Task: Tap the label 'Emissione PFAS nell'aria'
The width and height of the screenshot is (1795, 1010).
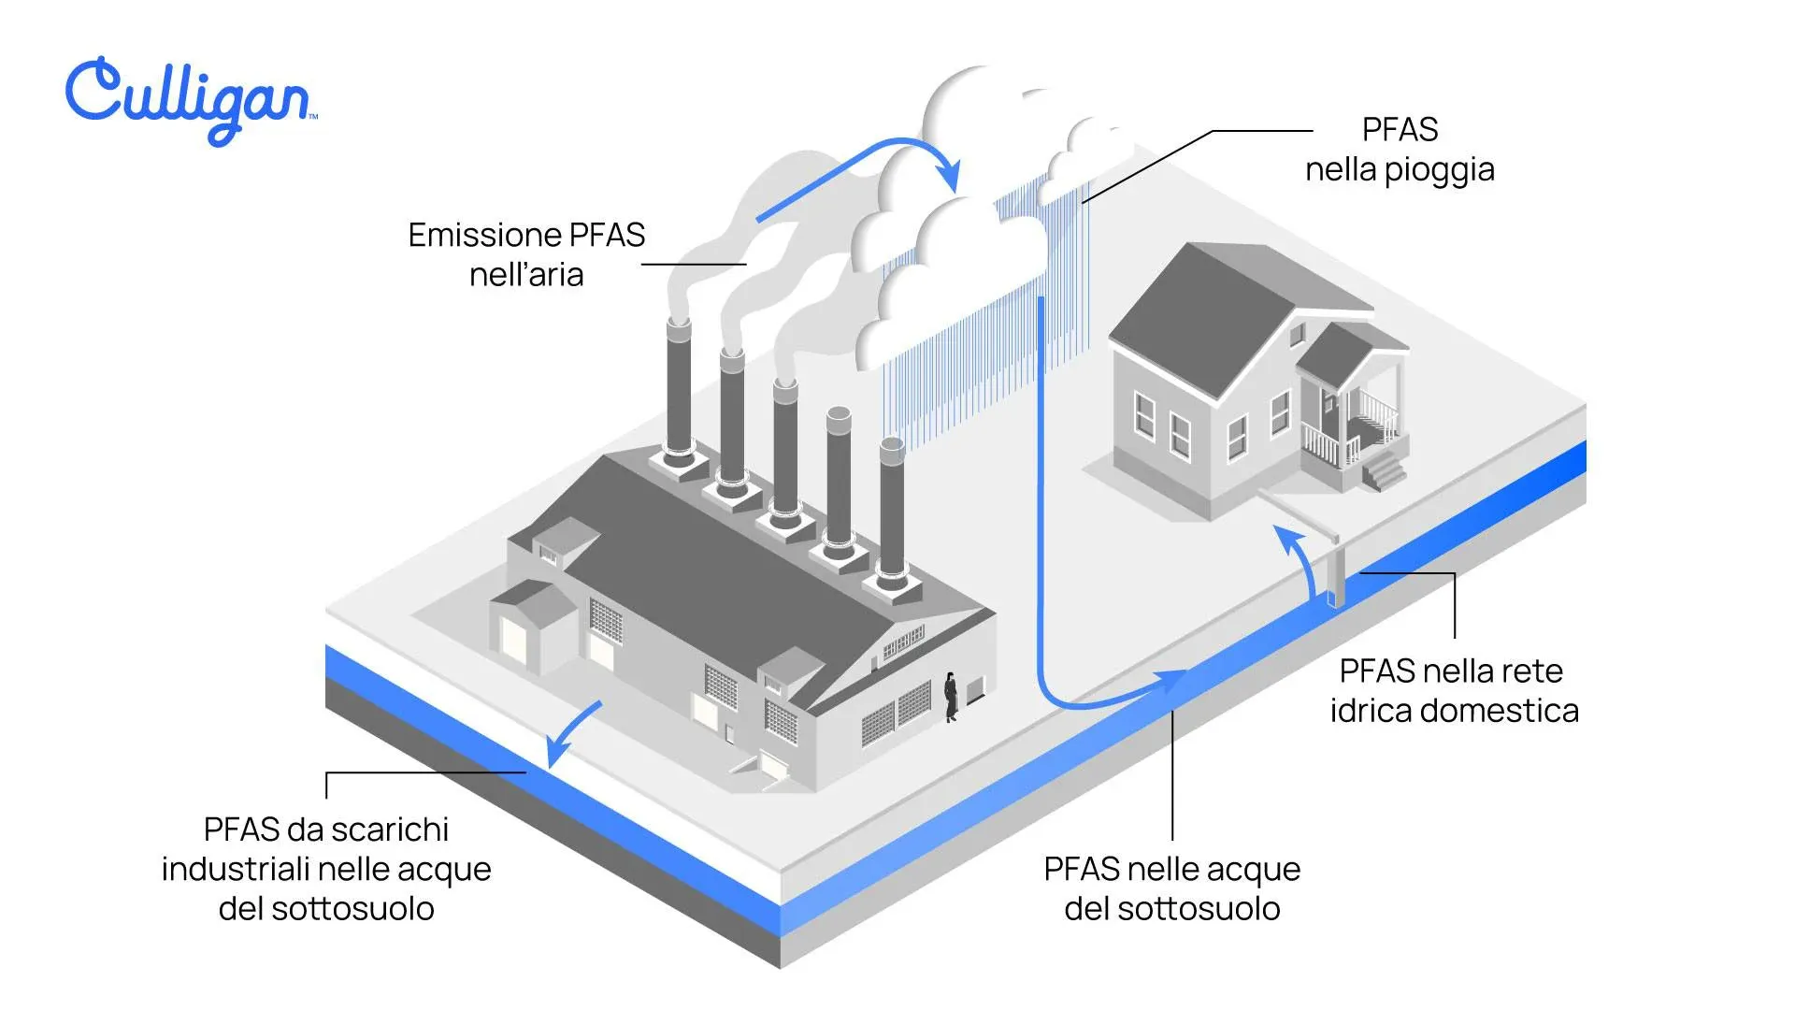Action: click(526, 254)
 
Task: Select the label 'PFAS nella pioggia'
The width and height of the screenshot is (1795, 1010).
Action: click(1400, 150)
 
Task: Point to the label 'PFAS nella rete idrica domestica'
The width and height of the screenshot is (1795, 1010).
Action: click(1454, 690)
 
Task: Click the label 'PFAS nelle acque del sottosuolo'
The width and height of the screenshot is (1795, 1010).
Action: click(1171, 888)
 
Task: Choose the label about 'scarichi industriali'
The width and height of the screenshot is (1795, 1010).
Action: click(326, 869)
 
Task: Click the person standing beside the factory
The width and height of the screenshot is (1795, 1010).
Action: click(951, 697)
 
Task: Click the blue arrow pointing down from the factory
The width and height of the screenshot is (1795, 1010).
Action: click(572, 734)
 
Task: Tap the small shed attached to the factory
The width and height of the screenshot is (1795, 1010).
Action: click(533, 622)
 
